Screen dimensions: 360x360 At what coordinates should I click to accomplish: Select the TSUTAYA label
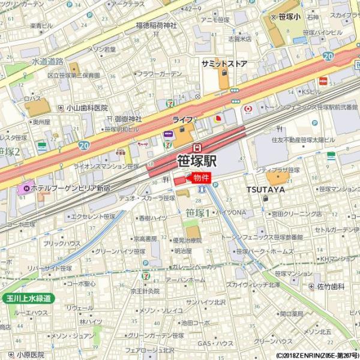click(x=265, y=190)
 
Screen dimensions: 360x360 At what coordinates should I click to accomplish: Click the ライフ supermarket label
click(x=182, y=120)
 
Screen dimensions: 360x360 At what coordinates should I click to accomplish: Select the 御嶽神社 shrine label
click(x=128, y=119)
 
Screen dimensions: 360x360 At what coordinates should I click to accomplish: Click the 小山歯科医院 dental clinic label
click(x=87, y=108)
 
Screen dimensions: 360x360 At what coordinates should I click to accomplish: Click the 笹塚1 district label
click(x=197, y=212)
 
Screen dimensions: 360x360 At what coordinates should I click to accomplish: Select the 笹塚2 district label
click(x=10, y=151)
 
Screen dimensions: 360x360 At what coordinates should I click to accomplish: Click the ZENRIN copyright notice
click(x=318, y=355)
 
